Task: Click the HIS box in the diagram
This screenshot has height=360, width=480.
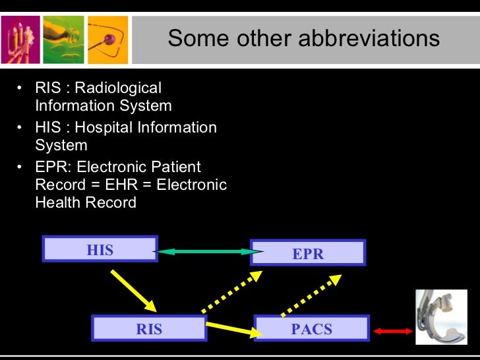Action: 100,249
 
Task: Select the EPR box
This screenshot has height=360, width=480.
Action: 308,253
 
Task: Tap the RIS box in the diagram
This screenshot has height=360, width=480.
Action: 149,328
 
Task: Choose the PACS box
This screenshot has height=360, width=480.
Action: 311,328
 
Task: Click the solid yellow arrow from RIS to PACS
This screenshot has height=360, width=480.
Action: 234,328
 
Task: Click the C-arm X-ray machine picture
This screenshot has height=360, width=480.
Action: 440,317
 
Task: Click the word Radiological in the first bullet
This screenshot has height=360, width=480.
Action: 119,88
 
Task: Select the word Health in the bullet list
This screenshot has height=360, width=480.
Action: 57,202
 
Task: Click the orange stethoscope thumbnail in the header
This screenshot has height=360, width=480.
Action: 107,39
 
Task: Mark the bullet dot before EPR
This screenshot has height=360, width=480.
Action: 20,167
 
